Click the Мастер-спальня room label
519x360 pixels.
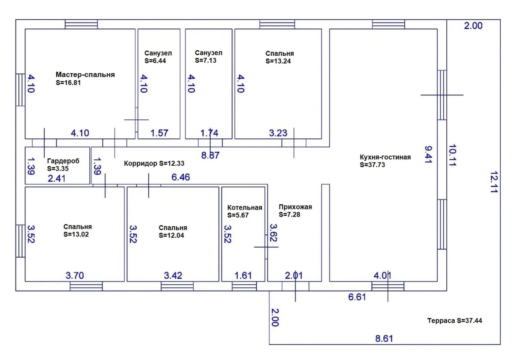pyautogui.click(x=85, y=75)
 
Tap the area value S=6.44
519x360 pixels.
pyautogui.click(x=155, y=61)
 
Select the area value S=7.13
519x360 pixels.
pyautogui.click(x=206, y=61)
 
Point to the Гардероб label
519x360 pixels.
pyautogui.click(x=63, y=161)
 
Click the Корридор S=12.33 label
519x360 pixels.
pyautogui.click(x=154, y=164)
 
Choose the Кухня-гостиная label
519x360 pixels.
pyautogui.click(x=385, y=157)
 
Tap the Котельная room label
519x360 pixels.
pyautogui.click(x=245, y=207)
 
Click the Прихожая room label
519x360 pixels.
pyautogui.click(x=295, y=207)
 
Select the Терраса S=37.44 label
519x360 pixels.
pyautogui.click(x=455, y=321)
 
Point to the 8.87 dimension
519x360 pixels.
pyautogui.click(x=210, y=155)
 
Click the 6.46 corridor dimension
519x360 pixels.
pyautogui.click(x=181, y=177)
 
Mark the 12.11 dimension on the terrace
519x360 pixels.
pyautogui.click(x=494, y=182)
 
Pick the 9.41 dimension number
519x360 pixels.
pyautogui.click(x=428, y=155)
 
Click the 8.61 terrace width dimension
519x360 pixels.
pyautogui.click(x=384, y=339)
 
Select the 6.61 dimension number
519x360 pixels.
pyautogui.click(x=357, y=297)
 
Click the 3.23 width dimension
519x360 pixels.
pyautogui.click(x=278, y=133)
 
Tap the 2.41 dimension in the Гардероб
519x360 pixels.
pyautogui.click(x=56, y=178)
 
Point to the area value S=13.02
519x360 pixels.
pyautogui.click(x=76, y=234)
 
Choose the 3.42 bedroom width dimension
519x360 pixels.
pyautogui.click(x=173, y=276)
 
